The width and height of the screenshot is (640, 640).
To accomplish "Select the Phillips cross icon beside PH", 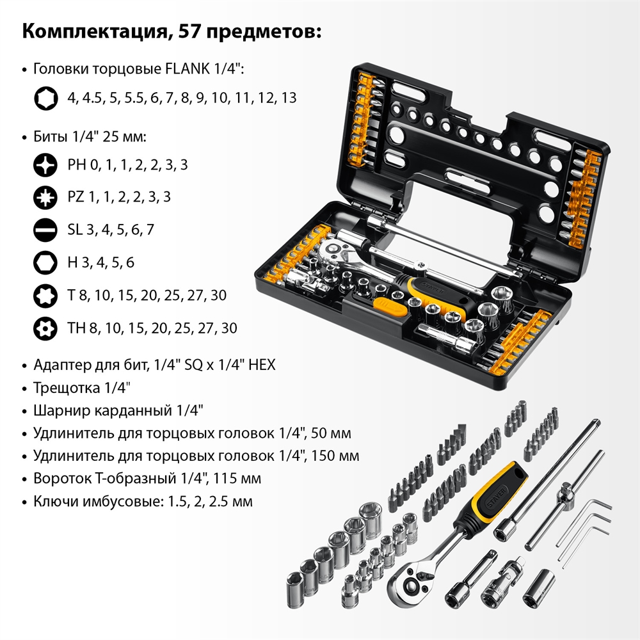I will [45, 165].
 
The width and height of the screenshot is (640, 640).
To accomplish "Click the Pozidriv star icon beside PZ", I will [45, 197].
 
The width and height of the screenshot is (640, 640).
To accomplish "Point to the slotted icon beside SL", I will [45, 230].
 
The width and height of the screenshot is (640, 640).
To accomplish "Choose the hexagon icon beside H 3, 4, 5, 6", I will [45, 262].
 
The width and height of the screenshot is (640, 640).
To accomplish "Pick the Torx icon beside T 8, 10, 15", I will [45, 296].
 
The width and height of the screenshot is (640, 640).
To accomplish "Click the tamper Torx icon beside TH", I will [45, 328].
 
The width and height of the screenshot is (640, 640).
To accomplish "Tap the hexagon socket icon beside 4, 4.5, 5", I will [45, 99].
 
